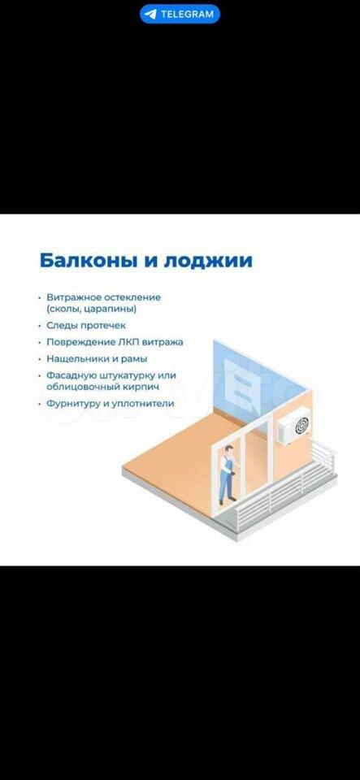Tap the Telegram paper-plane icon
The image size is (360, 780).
[150, 14]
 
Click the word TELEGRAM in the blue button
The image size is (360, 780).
[186, 14]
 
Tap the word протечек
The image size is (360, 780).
[103, 326]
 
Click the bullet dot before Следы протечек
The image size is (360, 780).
[40, 326]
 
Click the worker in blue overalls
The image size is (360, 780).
[227, 474]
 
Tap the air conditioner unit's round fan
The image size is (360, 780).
[301, 425]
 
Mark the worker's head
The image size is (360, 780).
[228, 449]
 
